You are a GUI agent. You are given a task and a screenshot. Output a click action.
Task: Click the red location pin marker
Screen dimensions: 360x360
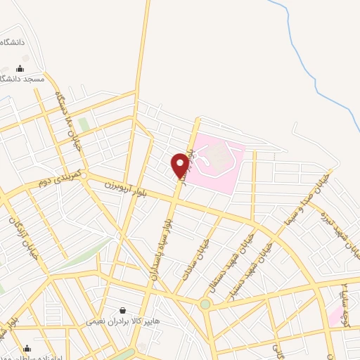(180, 165)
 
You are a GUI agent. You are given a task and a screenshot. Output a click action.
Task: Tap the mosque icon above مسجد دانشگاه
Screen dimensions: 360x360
(20, 68)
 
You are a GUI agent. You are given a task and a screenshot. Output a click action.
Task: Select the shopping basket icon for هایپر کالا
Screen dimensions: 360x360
(123, 310)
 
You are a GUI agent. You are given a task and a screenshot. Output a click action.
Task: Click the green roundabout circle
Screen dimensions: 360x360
(205, 304)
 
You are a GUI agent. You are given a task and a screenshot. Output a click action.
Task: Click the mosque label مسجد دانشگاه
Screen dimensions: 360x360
(25, 79)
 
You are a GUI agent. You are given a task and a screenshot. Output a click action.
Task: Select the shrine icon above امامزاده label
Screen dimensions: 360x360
(27, 347)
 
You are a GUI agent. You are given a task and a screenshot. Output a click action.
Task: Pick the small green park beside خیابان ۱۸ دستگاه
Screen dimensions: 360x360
(84, 125)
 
